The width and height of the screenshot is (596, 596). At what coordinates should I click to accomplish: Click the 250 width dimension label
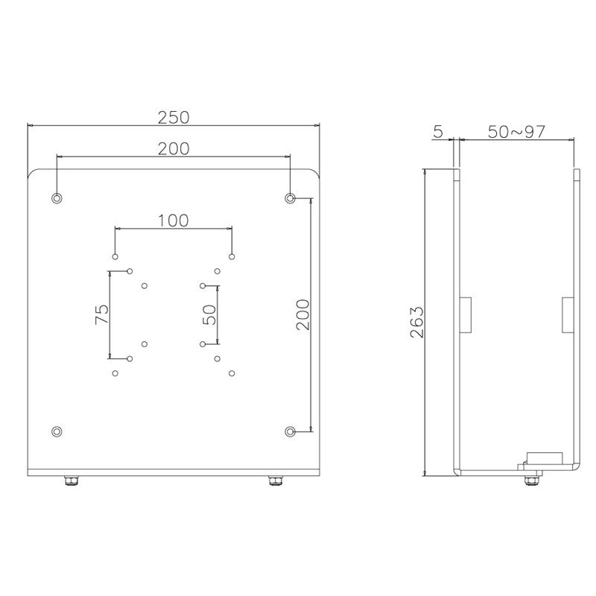click(174, 118)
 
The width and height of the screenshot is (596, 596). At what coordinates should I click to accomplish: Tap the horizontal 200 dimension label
click(174, 148)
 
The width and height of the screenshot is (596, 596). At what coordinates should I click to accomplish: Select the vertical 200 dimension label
click(303, 314)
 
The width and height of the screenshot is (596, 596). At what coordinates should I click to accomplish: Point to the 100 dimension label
click(173, 221)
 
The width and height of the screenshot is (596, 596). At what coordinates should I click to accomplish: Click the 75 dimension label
click(101, 314)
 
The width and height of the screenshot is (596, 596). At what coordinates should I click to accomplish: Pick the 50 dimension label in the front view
click(209, 314)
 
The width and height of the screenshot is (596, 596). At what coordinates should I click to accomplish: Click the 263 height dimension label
click(416, 322)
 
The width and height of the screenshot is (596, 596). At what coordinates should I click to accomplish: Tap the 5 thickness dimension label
click(438, 132)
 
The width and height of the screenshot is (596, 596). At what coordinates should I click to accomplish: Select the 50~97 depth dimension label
click(516, 132)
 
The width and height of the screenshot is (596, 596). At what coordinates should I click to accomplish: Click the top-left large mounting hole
click(57, 198)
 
